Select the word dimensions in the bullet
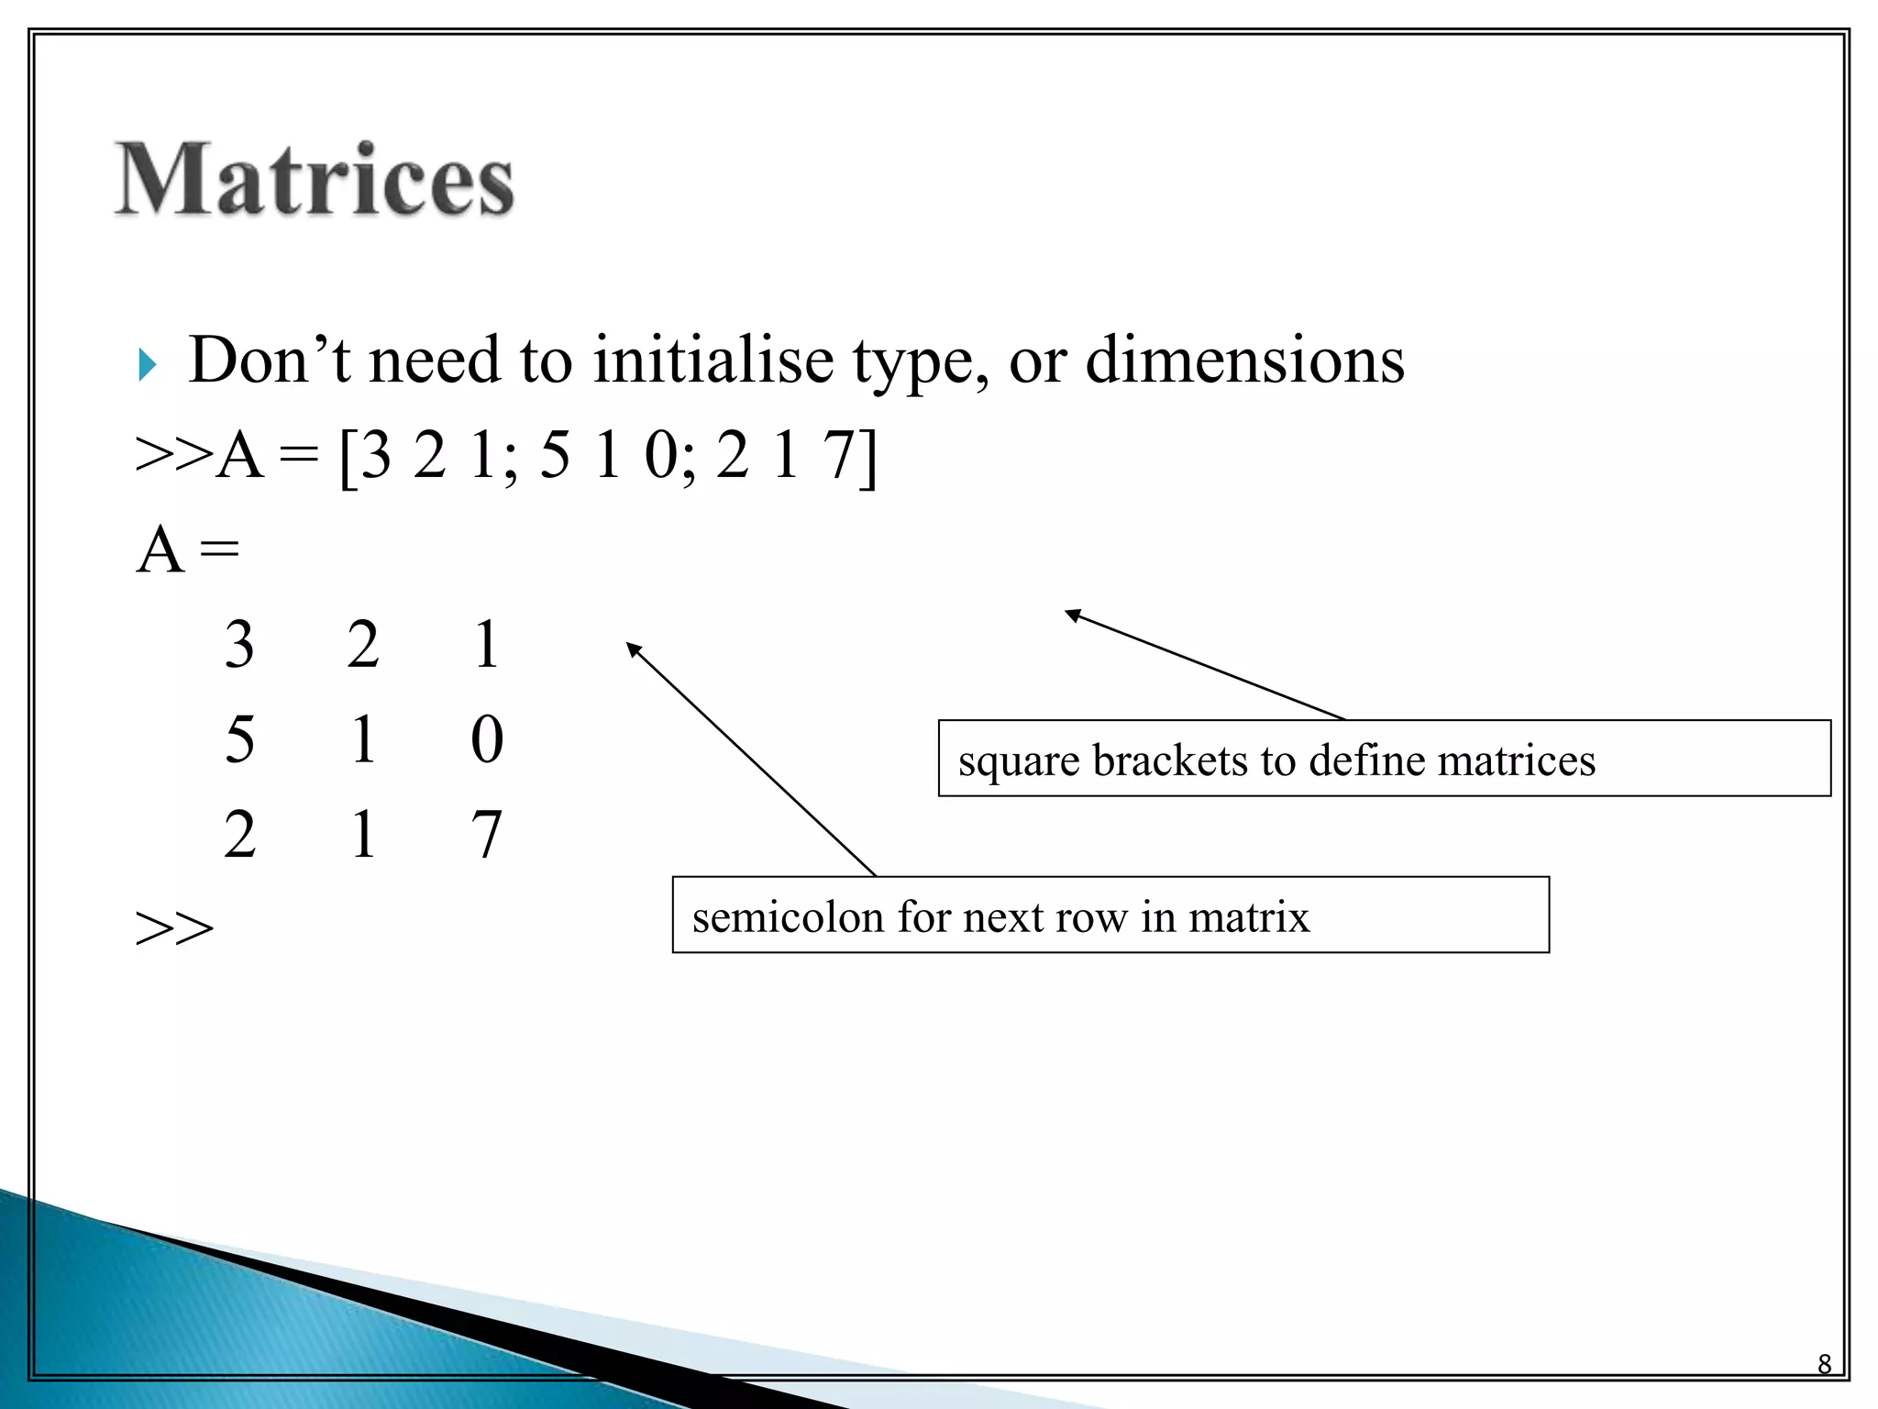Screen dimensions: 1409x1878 click(1244, 360)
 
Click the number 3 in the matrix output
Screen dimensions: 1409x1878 click(239, 644)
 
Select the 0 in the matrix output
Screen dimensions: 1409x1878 click(487, 739)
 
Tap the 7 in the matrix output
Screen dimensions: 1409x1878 click(486, 835)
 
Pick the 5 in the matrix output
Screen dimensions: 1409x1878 click(239, 739)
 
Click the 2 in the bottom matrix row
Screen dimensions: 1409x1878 click(239, 835)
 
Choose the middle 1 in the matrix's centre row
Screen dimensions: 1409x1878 click(363, 739)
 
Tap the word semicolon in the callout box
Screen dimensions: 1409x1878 click(789, 917)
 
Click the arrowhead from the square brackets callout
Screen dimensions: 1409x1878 click(1071, 614)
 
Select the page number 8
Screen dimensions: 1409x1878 click(1824, 1364)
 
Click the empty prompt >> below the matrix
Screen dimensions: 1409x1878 click(174, 928)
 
